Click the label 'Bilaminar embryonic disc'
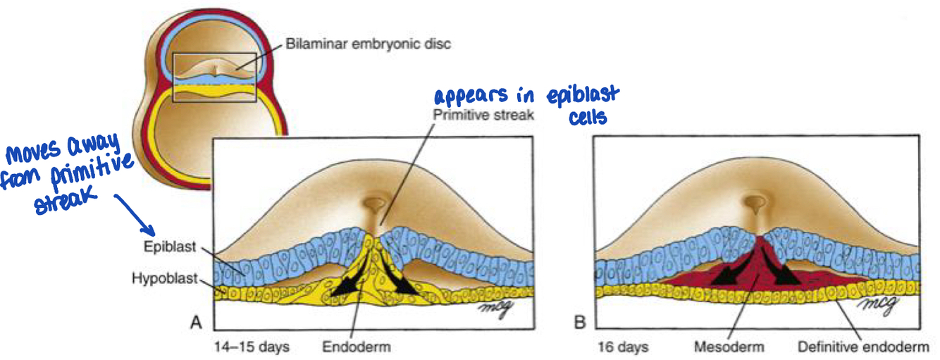(x=368, y=44)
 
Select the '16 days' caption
(x=622, y=347)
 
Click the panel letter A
(x=197, y=323)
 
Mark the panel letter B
(x=579, y=323)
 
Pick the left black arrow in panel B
(x=726, y=271)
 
